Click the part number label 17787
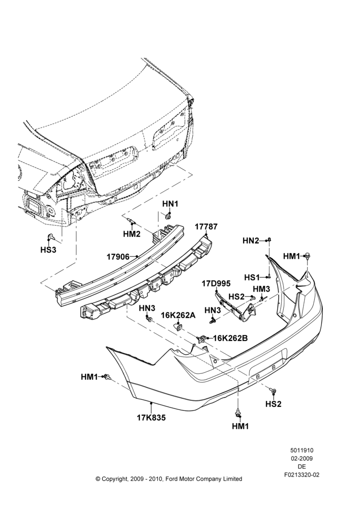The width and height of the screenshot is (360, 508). [206, 227]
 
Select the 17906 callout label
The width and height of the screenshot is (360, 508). [118, 257]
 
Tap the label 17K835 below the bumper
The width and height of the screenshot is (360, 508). [151, 418]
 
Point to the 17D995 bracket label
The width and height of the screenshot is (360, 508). [216, 284]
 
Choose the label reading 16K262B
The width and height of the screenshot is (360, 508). [231, 338]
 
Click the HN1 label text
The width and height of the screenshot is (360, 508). [170, 204]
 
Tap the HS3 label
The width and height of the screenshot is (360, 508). [48, 250]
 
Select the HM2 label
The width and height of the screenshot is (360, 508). [132, 234]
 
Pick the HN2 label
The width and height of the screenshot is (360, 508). [251, 241]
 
